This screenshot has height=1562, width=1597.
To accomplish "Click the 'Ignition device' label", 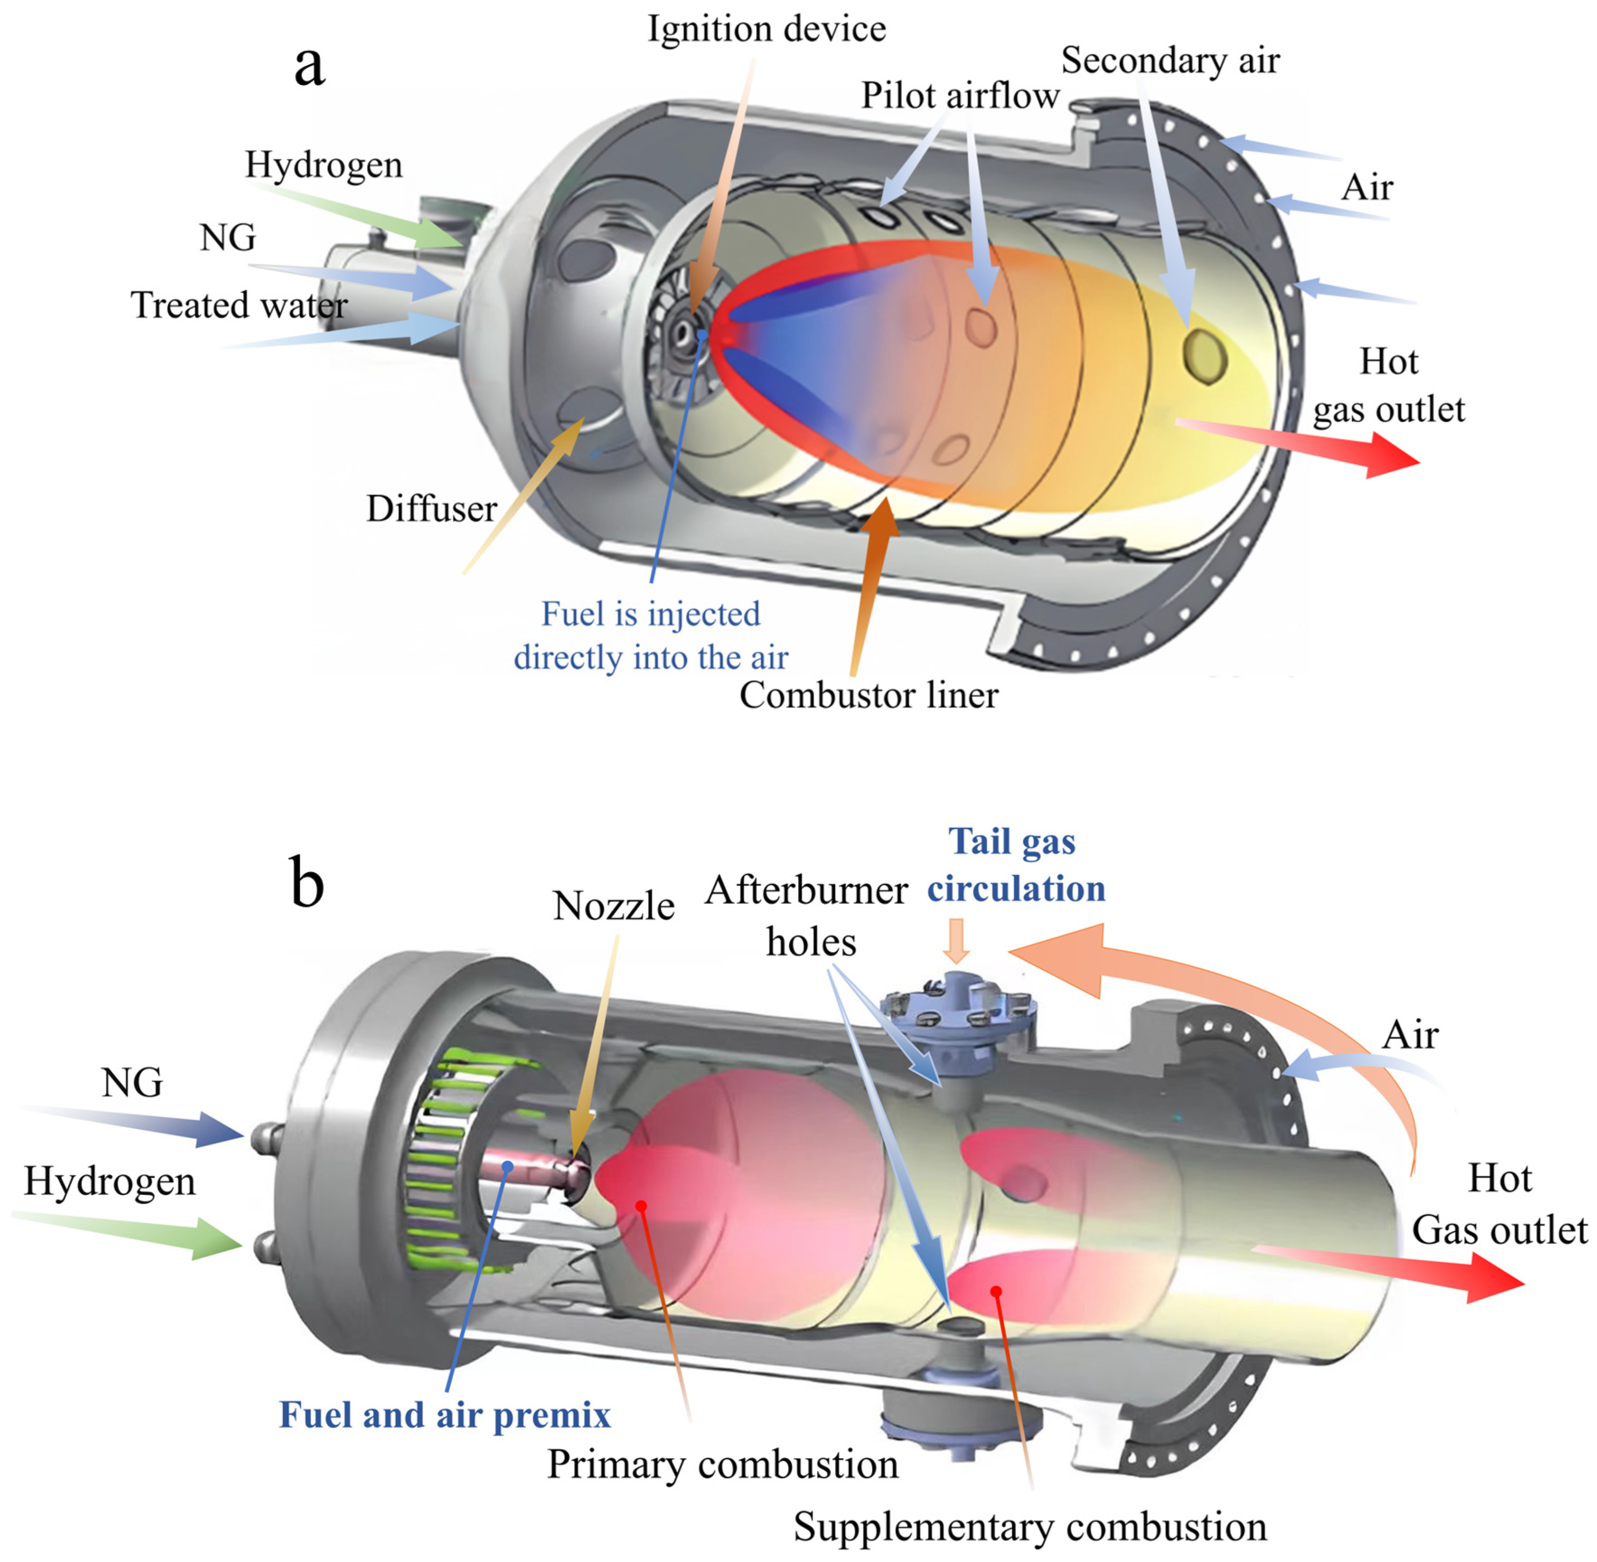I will tap(766, 30).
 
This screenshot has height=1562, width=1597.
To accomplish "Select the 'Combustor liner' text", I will tap(868, 696).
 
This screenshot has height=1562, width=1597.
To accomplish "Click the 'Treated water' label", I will tap(239, 305).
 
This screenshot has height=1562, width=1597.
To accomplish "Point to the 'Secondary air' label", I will tap(1170, 61).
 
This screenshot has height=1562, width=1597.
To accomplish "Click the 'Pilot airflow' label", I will tap(960, 96).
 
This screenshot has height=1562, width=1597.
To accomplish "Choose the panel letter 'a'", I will tap(309, 66).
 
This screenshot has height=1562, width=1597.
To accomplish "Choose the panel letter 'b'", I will tap(307, 884).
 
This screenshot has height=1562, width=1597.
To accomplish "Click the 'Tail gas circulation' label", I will tap(1016, 865).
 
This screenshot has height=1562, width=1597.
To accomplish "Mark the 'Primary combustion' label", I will tap(722, 1464).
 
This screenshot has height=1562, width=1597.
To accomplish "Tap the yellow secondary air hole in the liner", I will tap(1204, 355).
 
